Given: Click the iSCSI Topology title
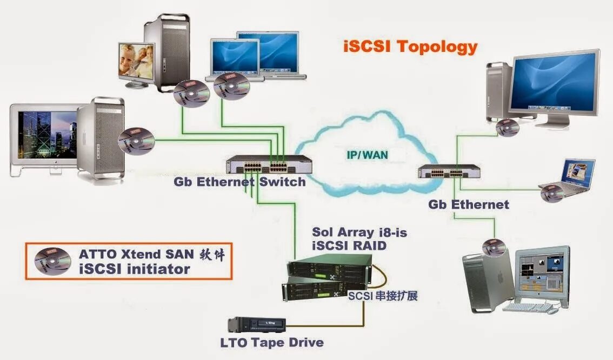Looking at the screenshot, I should [411, 46].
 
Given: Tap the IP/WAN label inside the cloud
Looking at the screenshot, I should [367, 155].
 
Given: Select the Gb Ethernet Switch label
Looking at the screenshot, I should [239, 182].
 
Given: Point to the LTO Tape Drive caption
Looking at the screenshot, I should [272, 343].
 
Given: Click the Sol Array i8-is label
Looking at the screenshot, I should [359, 233].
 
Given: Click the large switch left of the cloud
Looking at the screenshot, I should [269, 164].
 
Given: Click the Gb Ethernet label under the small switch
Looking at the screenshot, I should [469, 204].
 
